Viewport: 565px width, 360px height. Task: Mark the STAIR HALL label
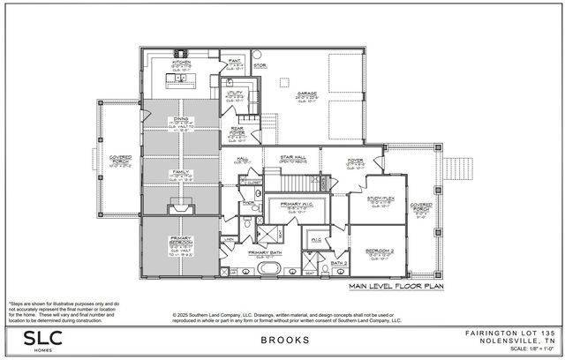290,160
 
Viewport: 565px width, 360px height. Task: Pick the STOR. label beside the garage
260,64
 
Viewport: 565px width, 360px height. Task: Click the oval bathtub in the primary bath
263,271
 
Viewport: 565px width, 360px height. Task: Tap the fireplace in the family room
182,207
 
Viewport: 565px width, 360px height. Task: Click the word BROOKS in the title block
284,340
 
